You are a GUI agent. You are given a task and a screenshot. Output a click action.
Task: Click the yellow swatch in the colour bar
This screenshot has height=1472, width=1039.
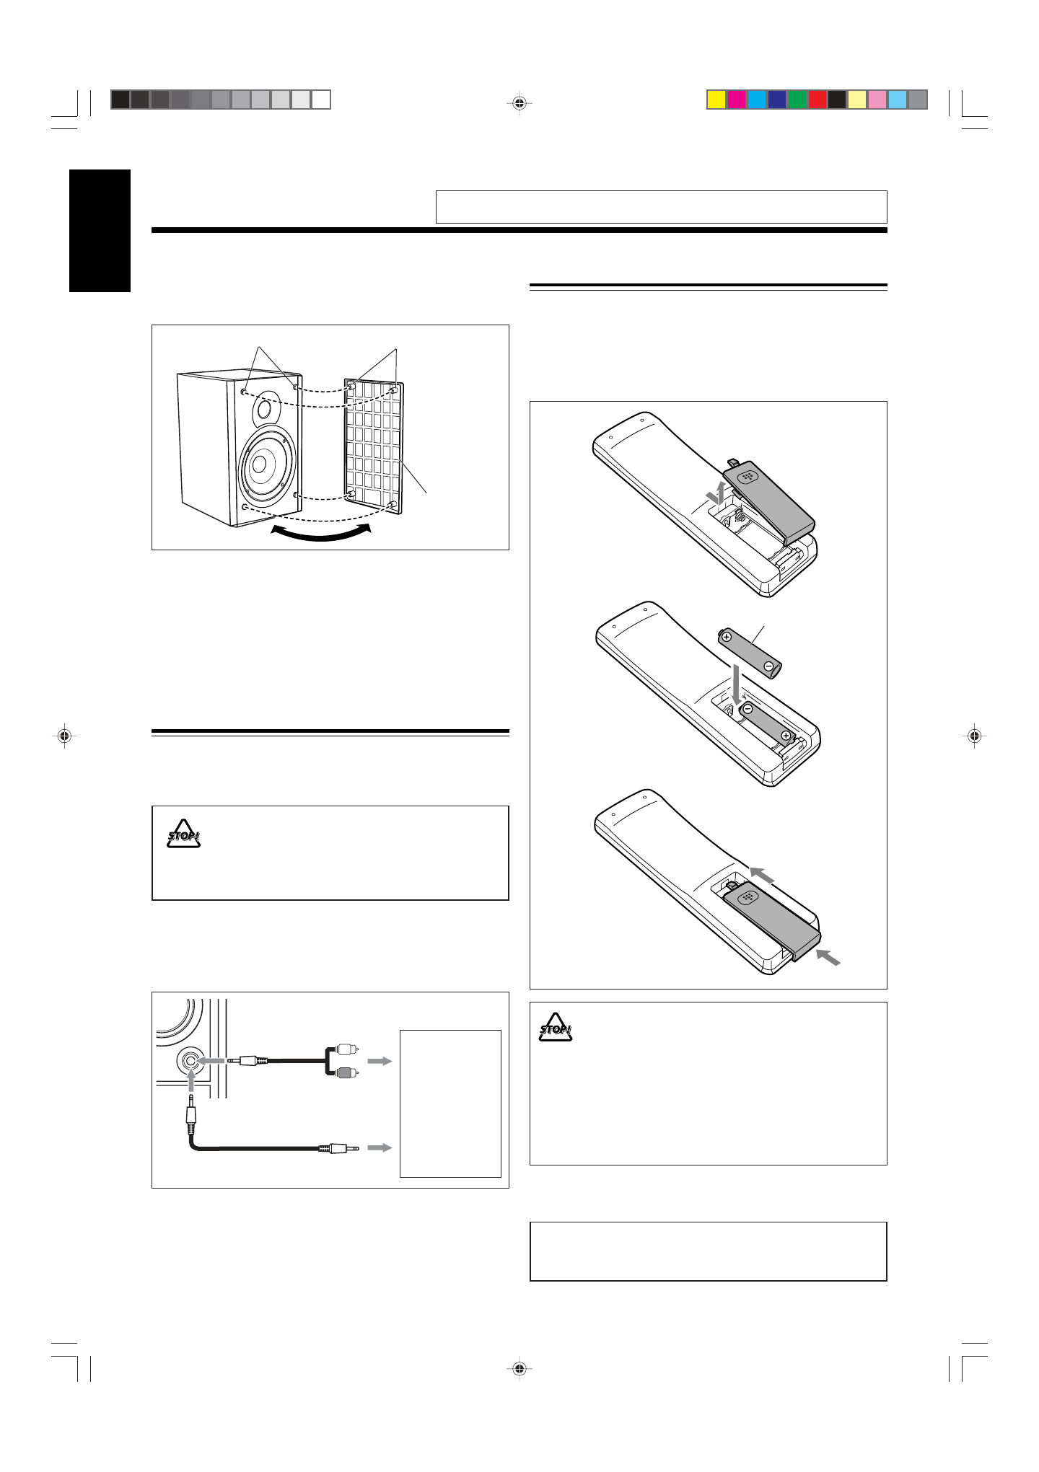click(x=716, y=100)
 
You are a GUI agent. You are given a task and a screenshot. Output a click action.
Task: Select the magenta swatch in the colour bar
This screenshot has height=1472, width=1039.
click(x=737, y=100)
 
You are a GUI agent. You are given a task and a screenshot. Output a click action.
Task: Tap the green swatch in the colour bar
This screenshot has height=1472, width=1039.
click(x=797, y=100)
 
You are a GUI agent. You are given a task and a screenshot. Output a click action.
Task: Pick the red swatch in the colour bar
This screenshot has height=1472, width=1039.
click(x=817, y=100)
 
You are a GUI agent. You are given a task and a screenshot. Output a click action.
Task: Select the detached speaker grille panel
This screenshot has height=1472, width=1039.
click(x=373, y=448)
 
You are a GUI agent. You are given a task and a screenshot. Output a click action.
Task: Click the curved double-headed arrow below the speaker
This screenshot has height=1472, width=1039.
click(x=321, y=533)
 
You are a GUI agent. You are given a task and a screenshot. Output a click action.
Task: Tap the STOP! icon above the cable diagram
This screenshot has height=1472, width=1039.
click(x=184, y=834)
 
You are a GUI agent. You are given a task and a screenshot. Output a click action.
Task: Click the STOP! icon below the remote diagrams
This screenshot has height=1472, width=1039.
click(x=556, y=1028)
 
